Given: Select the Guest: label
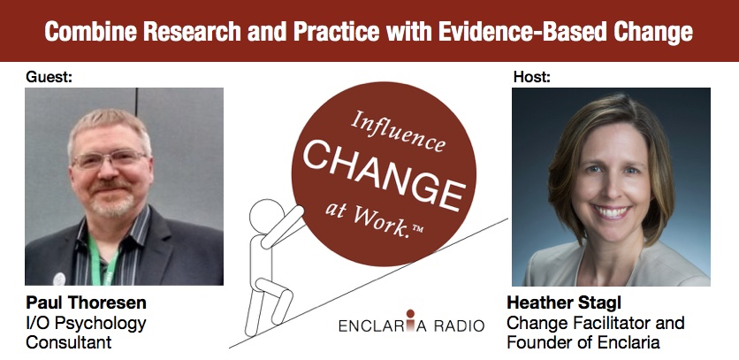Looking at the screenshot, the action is pos(49,77).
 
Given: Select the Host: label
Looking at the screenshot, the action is pos(532,77).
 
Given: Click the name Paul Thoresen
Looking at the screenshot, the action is pos(86,303).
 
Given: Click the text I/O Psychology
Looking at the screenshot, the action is pos(86,324).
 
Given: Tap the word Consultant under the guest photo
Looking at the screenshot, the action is pos(69,342).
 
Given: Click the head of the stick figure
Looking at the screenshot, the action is pos(267,216).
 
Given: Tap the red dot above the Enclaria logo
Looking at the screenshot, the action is pos(410,313).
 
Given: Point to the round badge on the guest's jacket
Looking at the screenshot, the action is pos(59,279).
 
